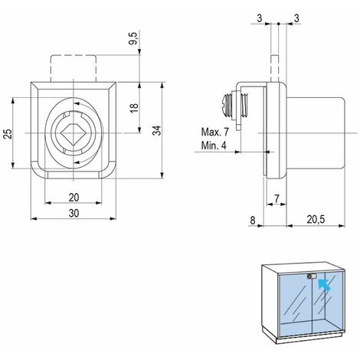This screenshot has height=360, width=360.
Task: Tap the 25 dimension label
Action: coord(8,134)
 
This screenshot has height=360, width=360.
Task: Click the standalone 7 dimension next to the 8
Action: coord(276,199)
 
